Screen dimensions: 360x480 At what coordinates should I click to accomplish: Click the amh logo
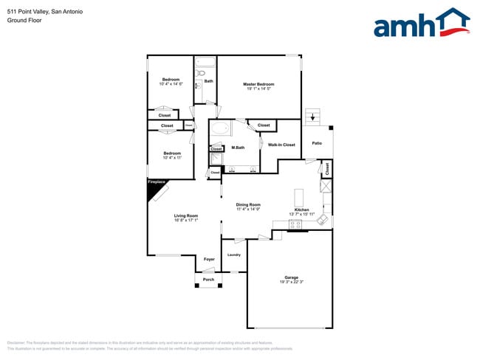[421, 23]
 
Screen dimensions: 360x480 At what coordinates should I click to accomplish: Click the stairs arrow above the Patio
[313, 117]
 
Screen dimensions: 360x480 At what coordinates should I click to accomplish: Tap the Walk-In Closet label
[281, 145]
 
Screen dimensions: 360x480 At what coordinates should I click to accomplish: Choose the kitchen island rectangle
[298, 197]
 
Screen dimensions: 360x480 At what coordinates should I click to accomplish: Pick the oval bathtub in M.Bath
[220, 131]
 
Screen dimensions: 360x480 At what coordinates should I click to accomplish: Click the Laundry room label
[233, 255]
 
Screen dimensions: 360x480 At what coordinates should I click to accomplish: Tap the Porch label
[209, 280]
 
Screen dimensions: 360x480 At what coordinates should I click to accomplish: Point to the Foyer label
[209, 260]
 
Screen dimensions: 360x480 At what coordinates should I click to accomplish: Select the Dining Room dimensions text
[248, 210]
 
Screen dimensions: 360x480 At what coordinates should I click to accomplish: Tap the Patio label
[316, 143]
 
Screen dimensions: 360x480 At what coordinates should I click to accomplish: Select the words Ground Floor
[25, 20]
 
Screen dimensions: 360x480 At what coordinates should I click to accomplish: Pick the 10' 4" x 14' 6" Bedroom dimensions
[171, 84]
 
